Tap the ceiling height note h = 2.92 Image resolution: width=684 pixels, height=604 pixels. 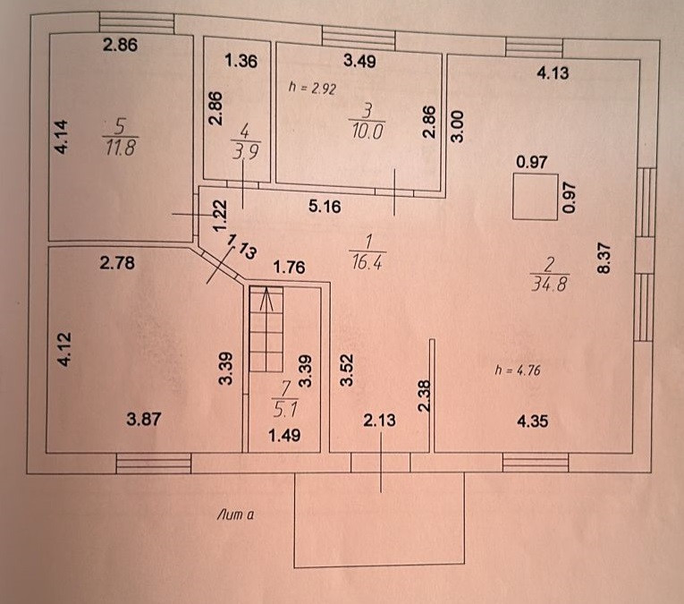pos(310,89)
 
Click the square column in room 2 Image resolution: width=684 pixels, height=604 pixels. pos(535,197)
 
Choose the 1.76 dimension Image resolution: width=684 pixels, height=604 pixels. pos(289,266)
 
